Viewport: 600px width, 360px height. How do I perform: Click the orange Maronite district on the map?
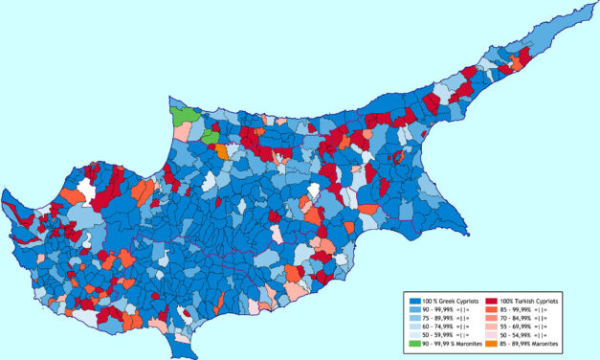click(222, 150)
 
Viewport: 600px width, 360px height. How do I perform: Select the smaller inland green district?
click(211, 137)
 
